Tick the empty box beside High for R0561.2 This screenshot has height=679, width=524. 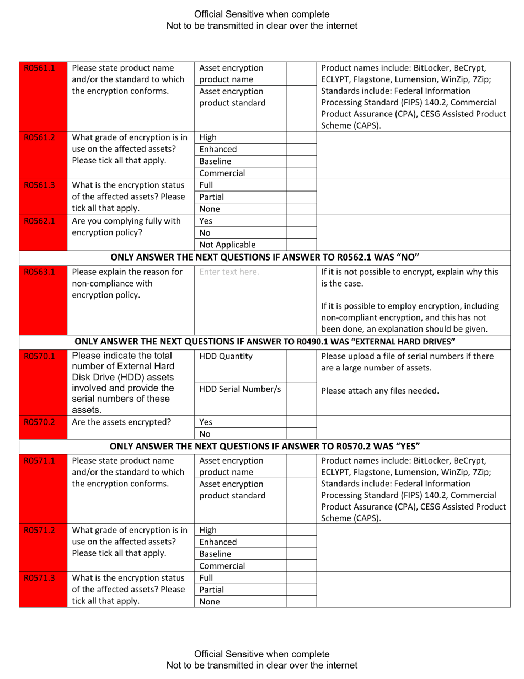pos(301,137)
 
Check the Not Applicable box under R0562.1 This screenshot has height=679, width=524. pos(301,245)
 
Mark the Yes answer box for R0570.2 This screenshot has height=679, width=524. pos(301,423)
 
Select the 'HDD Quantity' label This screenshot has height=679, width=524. pos(226,356)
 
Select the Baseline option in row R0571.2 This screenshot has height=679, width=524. pos(215,554)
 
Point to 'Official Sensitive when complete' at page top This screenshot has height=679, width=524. pos(262,14)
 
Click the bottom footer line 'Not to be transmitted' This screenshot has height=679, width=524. pos(262,665)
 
